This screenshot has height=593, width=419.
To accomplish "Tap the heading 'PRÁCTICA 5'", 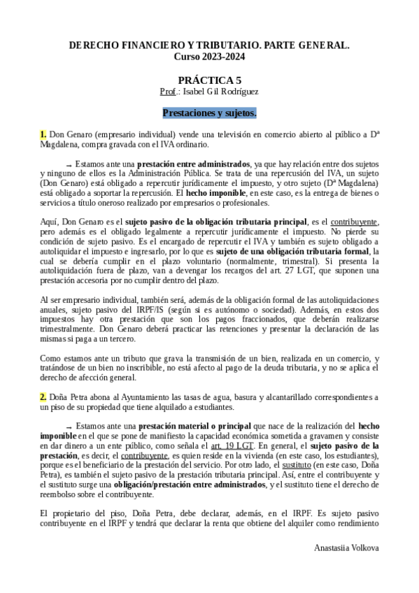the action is point(209,80).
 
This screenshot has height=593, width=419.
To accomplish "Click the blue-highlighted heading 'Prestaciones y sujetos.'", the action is point(209,112).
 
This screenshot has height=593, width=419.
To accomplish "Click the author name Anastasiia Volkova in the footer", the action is point(346,548).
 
